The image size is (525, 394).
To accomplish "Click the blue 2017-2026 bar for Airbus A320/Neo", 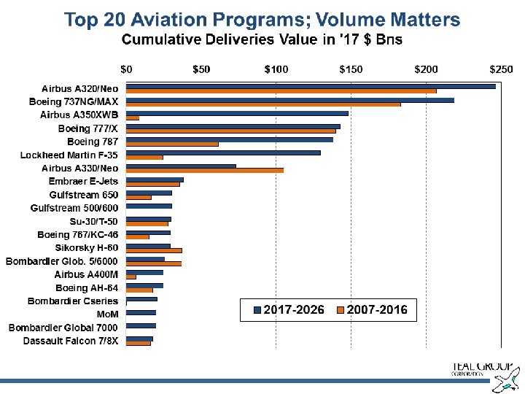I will pos(311,86).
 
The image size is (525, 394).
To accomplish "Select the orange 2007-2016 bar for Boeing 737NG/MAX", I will pos(263,104).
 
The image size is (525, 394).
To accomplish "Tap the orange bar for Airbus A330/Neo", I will pos(205,171).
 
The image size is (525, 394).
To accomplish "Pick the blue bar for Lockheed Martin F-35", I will pos(223,152).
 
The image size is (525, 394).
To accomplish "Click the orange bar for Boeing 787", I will pos(172,144).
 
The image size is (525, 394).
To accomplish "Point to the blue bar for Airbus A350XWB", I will pos(237,113).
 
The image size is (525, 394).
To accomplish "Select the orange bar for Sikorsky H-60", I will pos(154,250).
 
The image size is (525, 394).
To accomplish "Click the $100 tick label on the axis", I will pos(276,69).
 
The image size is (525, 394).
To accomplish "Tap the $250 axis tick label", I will pos(500,69).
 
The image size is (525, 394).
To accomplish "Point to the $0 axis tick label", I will pos(127,69).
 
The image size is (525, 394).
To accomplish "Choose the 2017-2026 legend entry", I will pos(289,310).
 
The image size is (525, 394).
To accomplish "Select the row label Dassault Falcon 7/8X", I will pos(71,341).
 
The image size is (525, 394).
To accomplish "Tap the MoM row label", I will pos(107,314).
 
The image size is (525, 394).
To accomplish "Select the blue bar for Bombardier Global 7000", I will pos(141,325).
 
